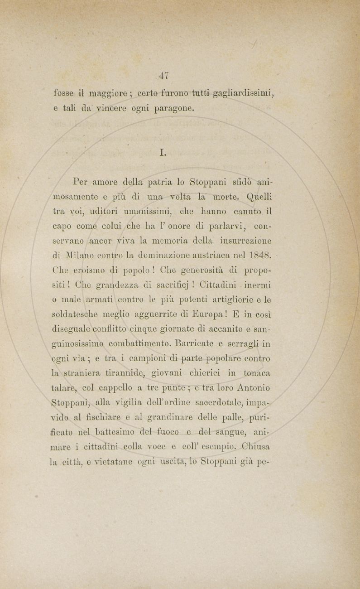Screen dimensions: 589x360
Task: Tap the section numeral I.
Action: point(163,153)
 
